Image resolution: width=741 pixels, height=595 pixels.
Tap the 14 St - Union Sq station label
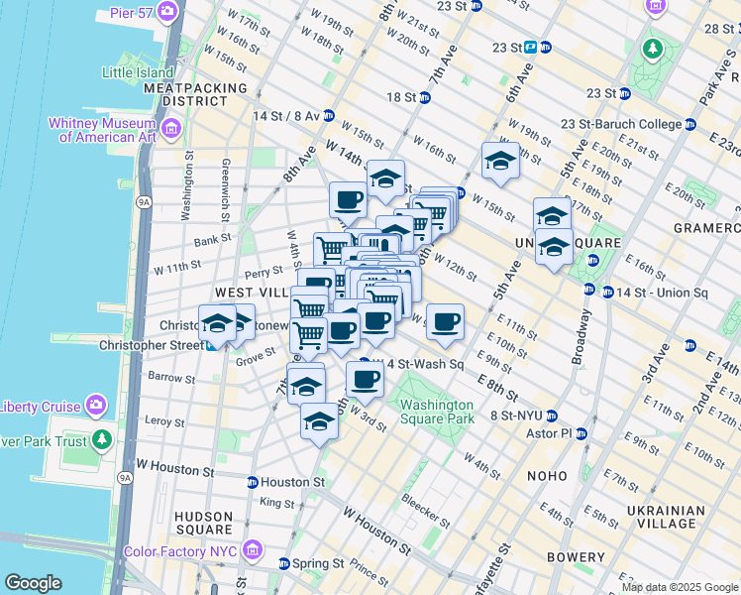click(x=662, y=293)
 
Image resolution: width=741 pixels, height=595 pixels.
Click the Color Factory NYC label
click(x=181, y=551)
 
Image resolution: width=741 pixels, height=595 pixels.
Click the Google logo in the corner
click(x=33, y=583)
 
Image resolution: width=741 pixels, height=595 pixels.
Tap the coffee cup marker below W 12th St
click(x=446, y=320)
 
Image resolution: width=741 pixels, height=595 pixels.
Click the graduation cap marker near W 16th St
click(x=500, y=161)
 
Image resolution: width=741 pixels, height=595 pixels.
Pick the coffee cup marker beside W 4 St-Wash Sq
click(x=365, y=378)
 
